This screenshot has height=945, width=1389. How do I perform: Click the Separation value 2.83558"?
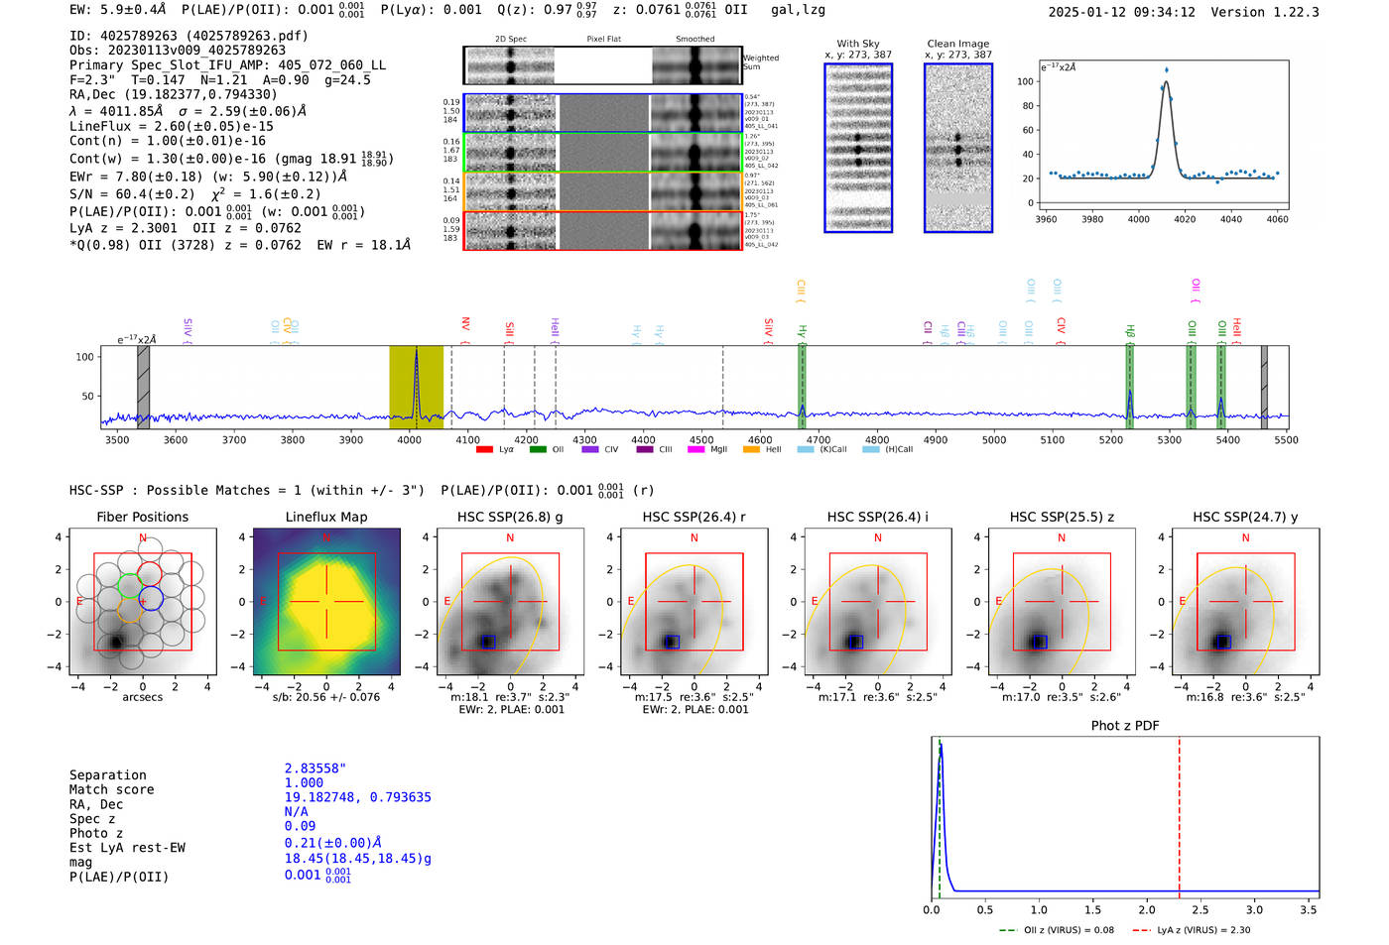pyautogui.click(x=315, y=768)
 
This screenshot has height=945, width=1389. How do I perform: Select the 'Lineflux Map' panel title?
pyautogui.click(x=325, y=517)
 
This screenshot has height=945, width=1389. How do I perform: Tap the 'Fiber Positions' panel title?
pyautogui.click(x=142, y=517)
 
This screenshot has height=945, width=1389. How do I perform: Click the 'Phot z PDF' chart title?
pyautogui.click(x=1125, y=726)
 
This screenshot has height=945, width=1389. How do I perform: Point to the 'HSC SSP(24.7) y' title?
pyautogui.click(x=1245, y=517)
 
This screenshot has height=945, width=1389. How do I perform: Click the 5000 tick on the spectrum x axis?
pyautogui.click(x=993, y=440)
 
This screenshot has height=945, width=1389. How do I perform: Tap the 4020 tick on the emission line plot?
pyautogui.click(x=1185, y=219)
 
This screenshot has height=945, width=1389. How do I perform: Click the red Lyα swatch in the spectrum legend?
pyautogui.click(x=484, y=450)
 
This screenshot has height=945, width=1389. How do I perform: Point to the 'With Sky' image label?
pyautogui.click(x=857, y=44)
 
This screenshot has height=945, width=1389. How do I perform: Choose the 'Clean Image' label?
pyautogui.click(x=957, y=44)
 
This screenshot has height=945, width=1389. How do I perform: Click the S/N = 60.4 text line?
pyautogui.click(x=194, y=194)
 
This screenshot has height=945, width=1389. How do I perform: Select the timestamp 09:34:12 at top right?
pyautogui.click(x=1161, y=12)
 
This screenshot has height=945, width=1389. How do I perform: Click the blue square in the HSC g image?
pyautogui.click(x=486, y=642)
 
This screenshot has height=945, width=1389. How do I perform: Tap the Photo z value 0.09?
pyautogui.click(x=300, y=826)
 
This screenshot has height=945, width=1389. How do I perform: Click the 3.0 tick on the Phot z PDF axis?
pyautogui.click(x=1254, y=909)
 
